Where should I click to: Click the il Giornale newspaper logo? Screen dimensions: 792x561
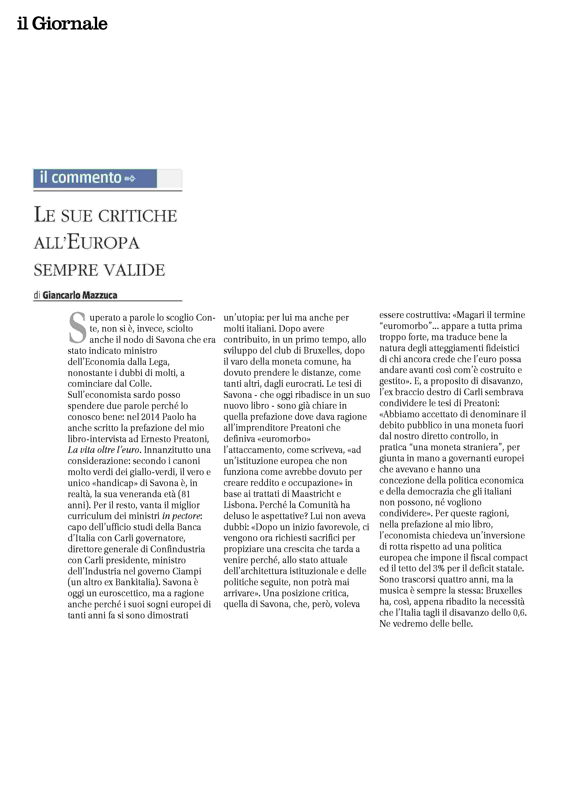(x=62, y=24)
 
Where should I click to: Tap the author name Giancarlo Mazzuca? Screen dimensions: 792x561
(x=80, y=295)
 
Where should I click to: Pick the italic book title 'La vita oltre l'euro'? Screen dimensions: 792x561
(x=104, y=450)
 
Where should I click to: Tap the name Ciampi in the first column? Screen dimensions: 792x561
(x=188, y=571)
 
